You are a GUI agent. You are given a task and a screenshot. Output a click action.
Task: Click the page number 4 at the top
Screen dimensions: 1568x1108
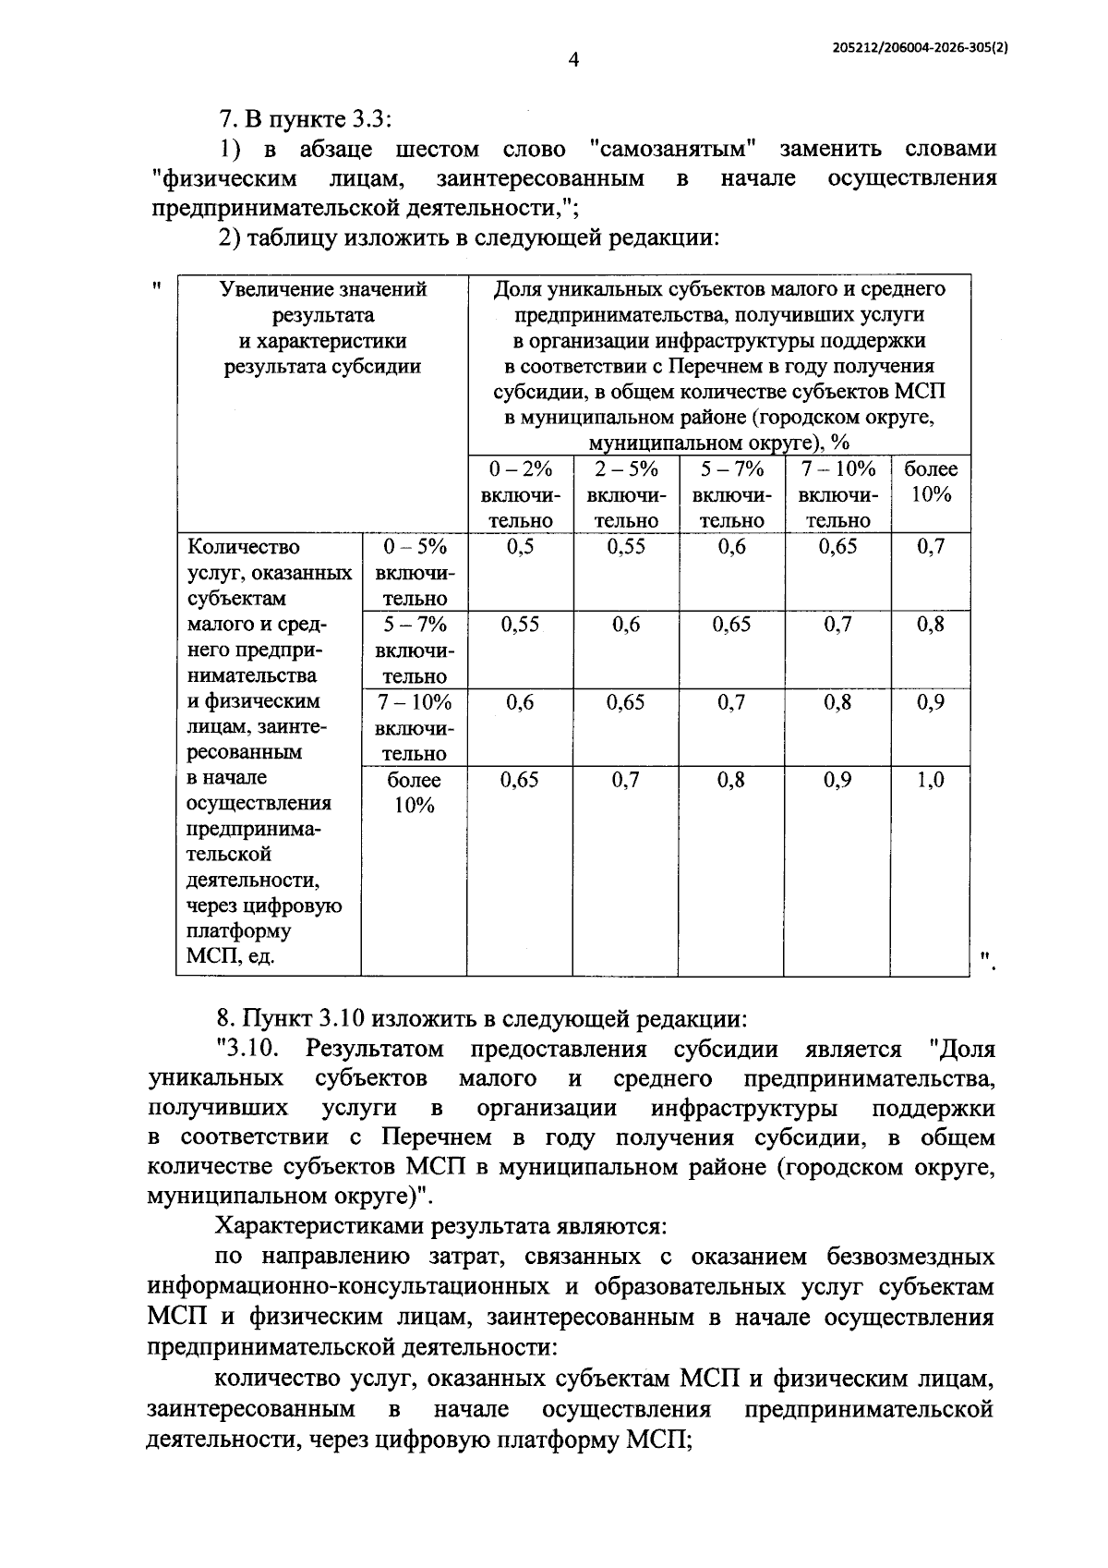[x=573, y=61]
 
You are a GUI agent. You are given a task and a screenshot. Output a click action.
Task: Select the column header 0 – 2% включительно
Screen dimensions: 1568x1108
[x=521, y=494]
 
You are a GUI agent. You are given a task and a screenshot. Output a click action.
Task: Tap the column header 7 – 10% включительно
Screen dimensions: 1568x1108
[x=838, y=494]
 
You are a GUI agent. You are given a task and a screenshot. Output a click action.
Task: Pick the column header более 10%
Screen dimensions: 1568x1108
[x=931, y=481]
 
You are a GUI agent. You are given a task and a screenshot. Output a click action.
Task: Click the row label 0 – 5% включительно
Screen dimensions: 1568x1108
[x=414, y=572]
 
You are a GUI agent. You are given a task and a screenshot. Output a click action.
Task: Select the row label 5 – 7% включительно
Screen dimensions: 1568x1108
[x=414, y=650]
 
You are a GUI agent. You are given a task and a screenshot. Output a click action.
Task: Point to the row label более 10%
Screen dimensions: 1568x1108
[x=414, y=792]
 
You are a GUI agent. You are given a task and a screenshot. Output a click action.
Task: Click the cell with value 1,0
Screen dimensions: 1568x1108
[x=931, y=780]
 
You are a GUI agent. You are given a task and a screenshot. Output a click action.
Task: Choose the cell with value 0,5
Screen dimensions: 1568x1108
[x=521, y=546]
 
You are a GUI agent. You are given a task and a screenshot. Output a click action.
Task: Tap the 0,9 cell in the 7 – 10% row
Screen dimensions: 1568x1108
[x=931, y=702]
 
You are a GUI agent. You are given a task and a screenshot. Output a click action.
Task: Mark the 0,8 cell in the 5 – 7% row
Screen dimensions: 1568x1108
[x=931, y=625]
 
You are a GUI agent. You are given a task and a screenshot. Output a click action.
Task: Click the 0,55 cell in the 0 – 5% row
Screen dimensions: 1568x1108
[x=626, y=546]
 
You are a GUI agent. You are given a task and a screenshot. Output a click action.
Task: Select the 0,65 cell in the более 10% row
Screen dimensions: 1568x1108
[x=521, y=780]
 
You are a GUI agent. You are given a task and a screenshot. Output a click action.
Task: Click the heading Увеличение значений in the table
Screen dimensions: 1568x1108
[x=322, y=289]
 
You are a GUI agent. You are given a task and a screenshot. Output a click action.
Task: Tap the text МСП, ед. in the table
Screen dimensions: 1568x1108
[x=230, y=956]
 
